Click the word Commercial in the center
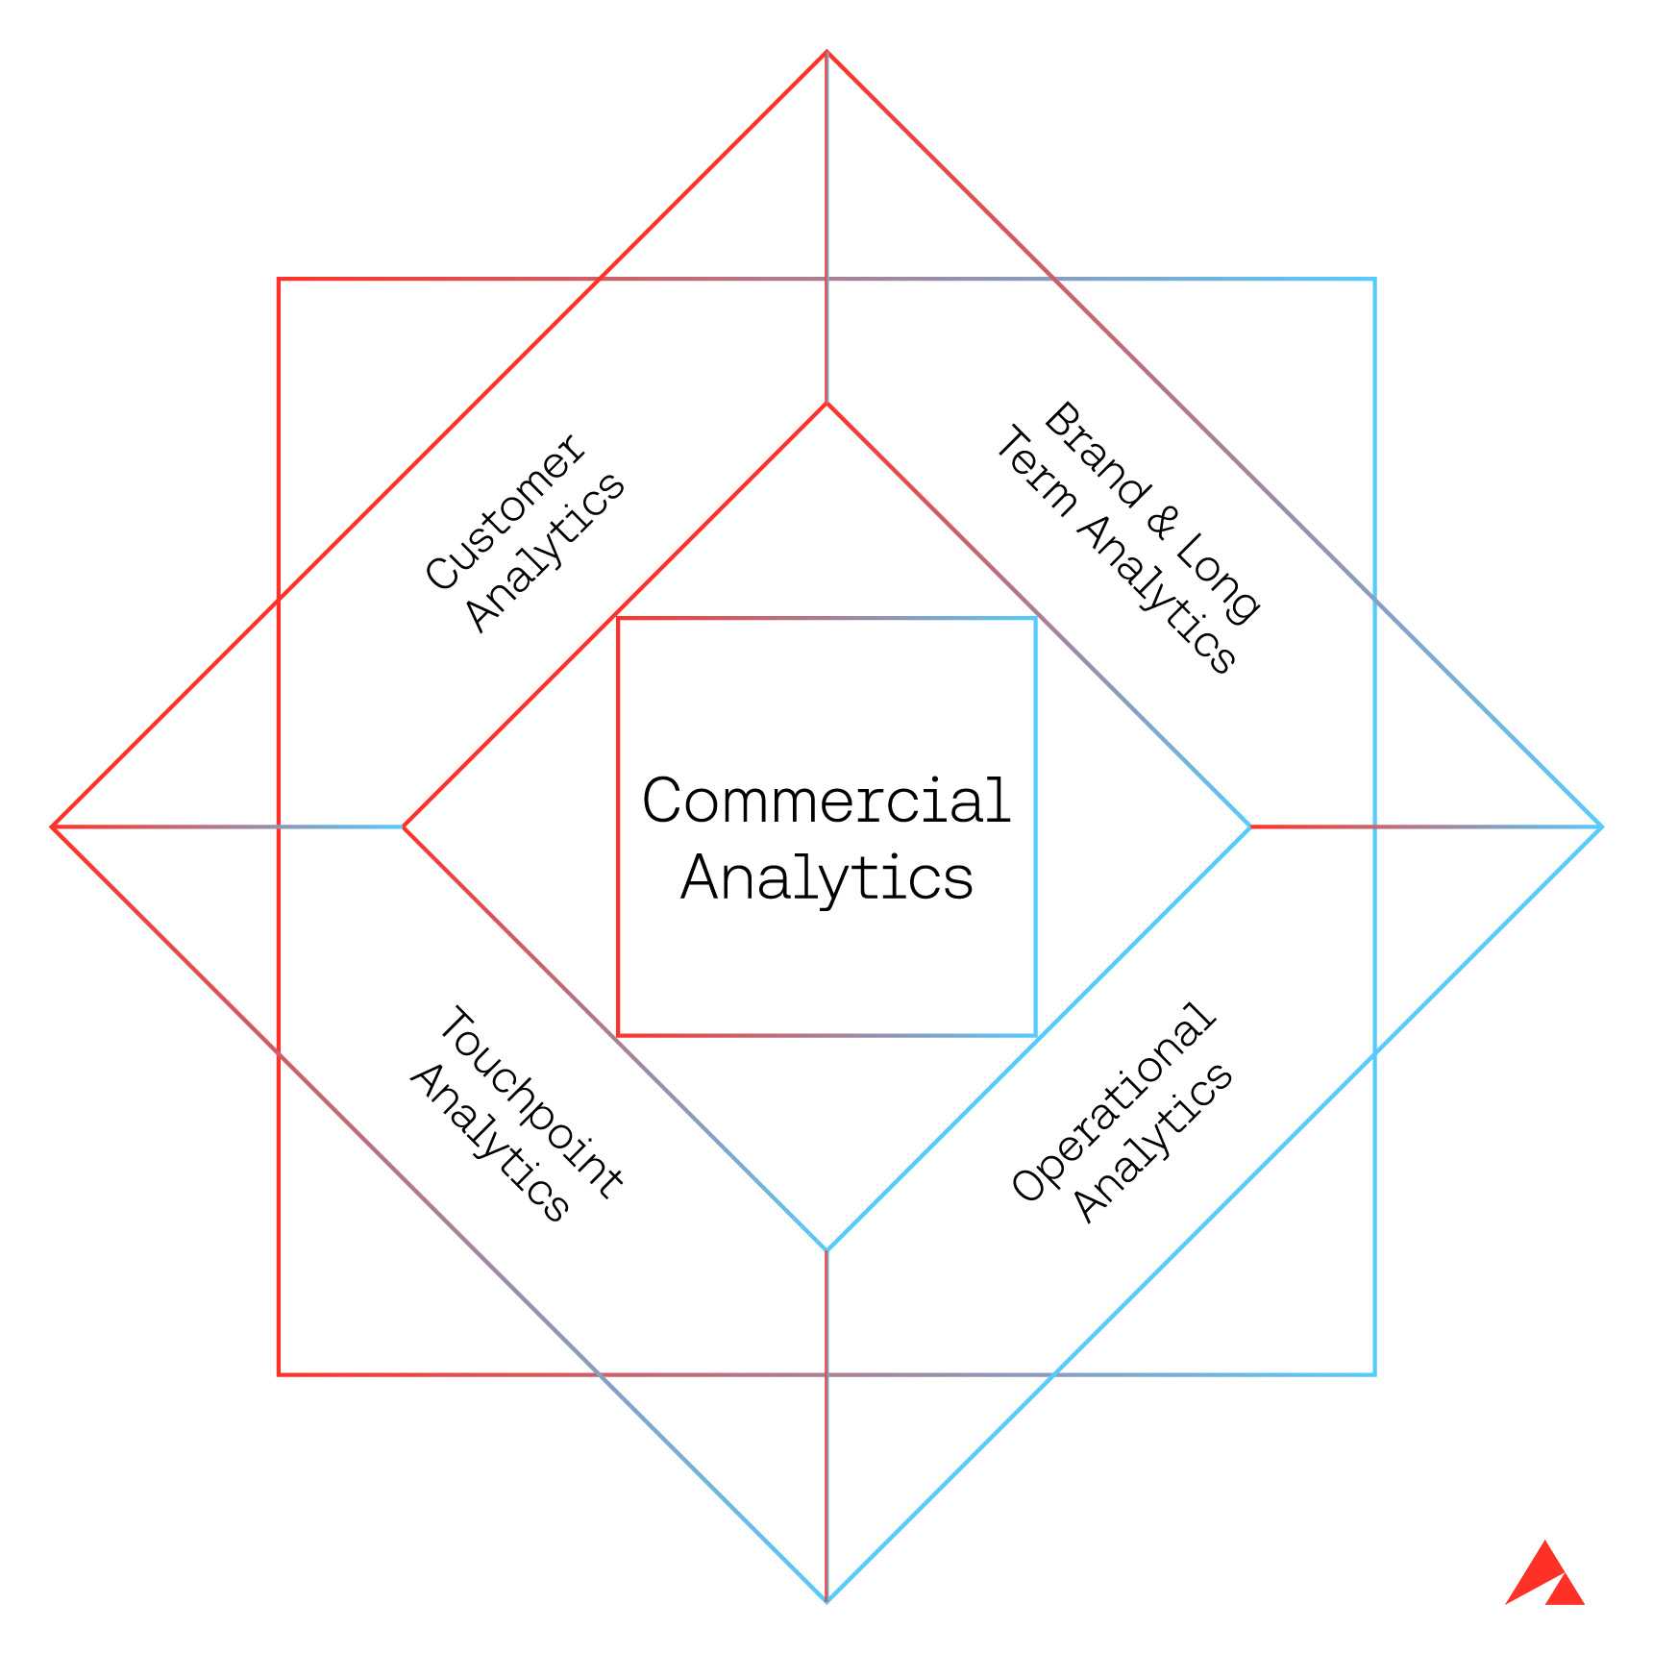coord(826,800)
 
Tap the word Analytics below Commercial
coord(826,877)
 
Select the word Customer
coord(504,511)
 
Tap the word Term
coord(1034,477)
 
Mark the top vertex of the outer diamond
coord(826,52)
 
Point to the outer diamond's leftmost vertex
coord(53,826)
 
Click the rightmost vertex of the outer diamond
coord(1601,826)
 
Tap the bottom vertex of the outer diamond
coord(826,1601)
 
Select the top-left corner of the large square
coord(279,280)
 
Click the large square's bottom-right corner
coord(1375,1374)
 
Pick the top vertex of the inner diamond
coord(826,404)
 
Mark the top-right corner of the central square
coord(1035,618)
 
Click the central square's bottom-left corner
coord(618,1035)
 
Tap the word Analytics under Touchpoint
coord(490,1144)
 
